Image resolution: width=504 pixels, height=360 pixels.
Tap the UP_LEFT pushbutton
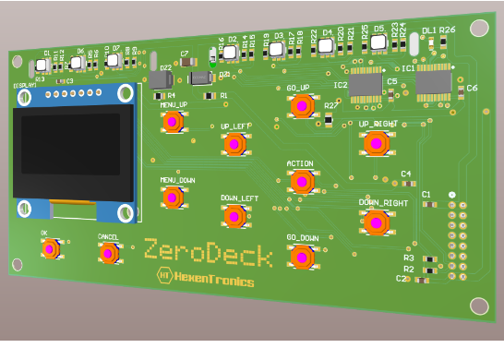coord(234,144)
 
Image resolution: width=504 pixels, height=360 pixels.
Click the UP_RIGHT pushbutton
coord(375,143)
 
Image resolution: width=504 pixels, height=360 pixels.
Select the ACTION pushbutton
coord(301,181)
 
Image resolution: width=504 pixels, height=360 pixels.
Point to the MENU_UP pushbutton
coord(173,122)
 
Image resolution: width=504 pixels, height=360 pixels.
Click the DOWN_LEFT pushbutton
coord(234,216)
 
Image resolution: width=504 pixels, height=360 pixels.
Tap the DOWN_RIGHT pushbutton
coord(376,222)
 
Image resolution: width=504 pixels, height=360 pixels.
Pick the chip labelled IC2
coord(366,84)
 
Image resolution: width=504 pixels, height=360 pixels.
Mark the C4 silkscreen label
coord(406,174)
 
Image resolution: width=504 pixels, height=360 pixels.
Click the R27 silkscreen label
coord(330,106)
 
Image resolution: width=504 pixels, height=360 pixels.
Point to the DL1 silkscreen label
coord(428,31)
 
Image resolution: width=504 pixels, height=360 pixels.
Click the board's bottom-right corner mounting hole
coord(478,306)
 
